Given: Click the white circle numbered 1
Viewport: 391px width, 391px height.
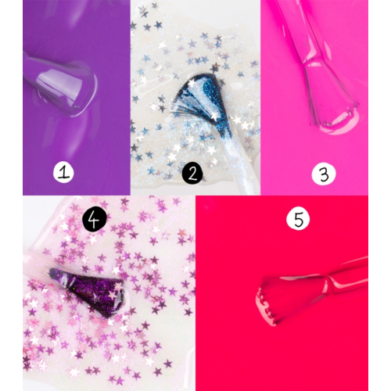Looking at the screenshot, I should click(x=65, y=172).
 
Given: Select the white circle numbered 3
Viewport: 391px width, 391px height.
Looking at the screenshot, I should click(x=322, y=173).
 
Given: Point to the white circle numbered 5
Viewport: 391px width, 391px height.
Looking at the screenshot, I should click(x=297, y=220).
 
